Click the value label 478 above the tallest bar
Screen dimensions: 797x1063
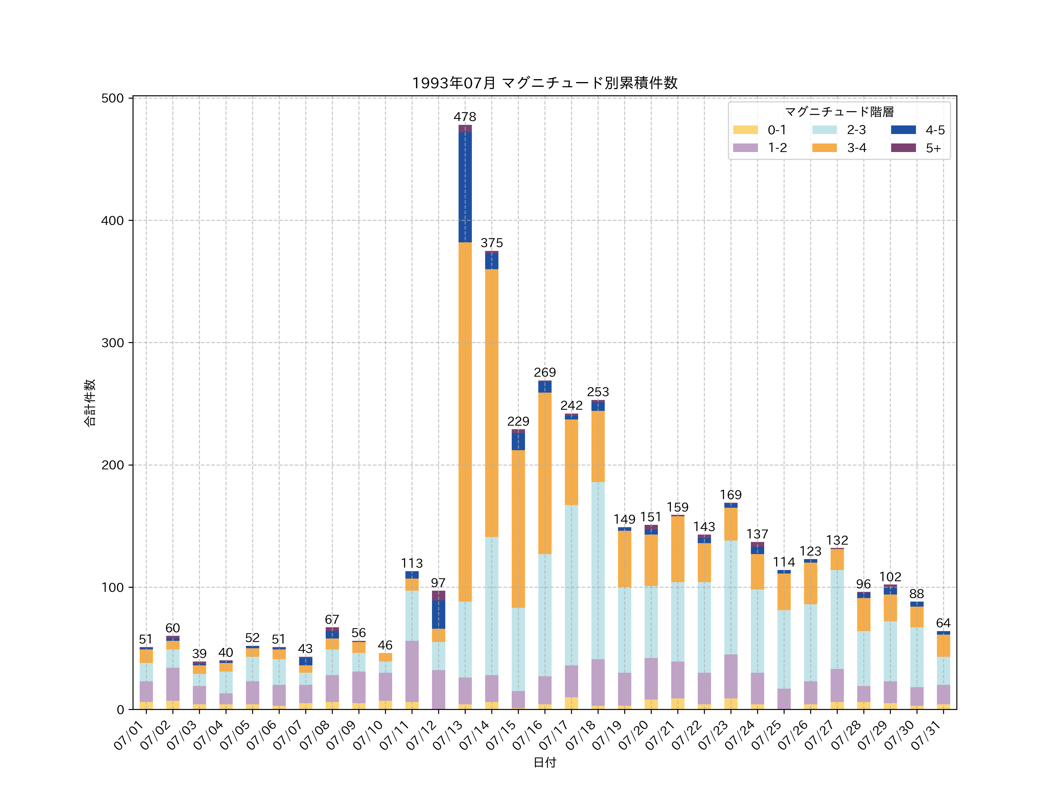click(465, 117)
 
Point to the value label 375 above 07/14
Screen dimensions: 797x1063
click(492, 243)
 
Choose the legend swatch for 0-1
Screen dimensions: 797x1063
click(745, 130)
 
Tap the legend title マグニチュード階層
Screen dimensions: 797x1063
click(839, 112)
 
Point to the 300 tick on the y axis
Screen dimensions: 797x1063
click(113, 343)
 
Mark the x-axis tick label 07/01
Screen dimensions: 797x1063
click(129, 735)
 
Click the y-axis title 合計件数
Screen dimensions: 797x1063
click(90, 403)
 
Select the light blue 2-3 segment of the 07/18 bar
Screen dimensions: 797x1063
click(598, 570)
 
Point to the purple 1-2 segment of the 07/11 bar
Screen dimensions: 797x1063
click(412, 671)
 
